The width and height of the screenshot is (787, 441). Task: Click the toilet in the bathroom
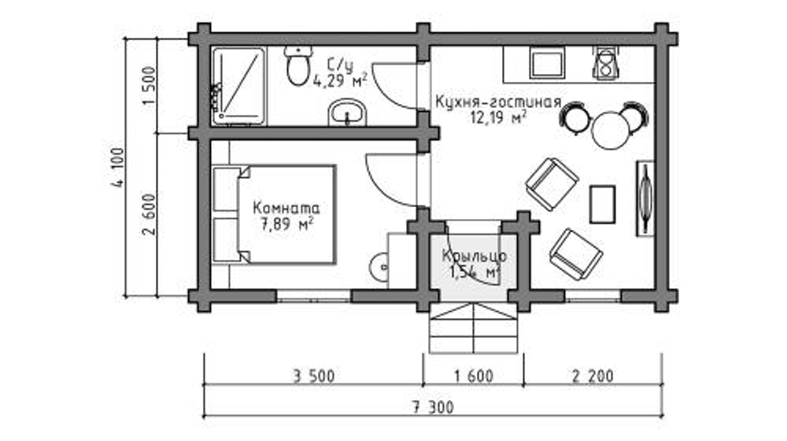pos(297,67)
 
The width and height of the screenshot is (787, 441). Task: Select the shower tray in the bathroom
pos(239,86)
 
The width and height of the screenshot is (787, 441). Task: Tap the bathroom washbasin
pos(346,113)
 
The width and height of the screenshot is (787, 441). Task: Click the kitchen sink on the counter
pos(545,64)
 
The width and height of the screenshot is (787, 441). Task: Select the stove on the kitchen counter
pos(606,64)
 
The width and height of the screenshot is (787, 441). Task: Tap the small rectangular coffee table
pos(603,205)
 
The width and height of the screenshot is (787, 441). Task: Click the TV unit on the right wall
pos(645,197)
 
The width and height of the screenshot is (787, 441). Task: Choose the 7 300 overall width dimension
pos(432,408)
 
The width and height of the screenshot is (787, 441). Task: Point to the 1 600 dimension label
pos(474,376)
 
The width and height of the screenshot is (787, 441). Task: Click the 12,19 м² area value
pos(497,119)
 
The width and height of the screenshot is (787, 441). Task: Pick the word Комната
pos(286,209)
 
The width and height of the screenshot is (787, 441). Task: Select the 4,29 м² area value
pos(340,80)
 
